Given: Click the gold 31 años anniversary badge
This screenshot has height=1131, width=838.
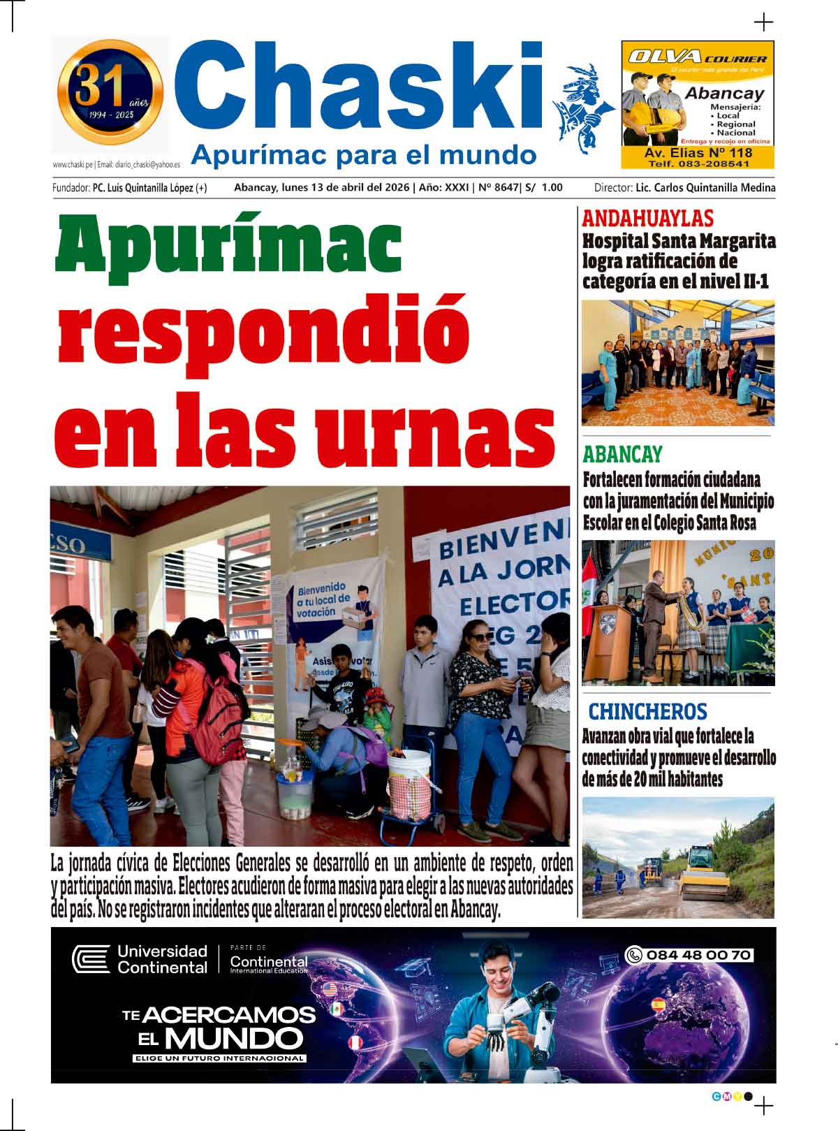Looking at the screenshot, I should [110, 92].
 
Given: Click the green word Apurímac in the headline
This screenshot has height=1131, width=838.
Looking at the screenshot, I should [228, 244].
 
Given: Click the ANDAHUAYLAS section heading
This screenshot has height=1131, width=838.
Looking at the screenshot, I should [647, 219].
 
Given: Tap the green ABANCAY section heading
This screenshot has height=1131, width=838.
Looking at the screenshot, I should [622, 454].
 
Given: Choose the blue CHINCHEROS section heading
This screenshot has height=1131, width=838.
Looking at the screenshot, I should [647, 712].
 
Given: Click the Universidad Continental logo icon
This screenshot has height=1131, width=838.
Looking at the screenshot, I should [91, 958].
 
